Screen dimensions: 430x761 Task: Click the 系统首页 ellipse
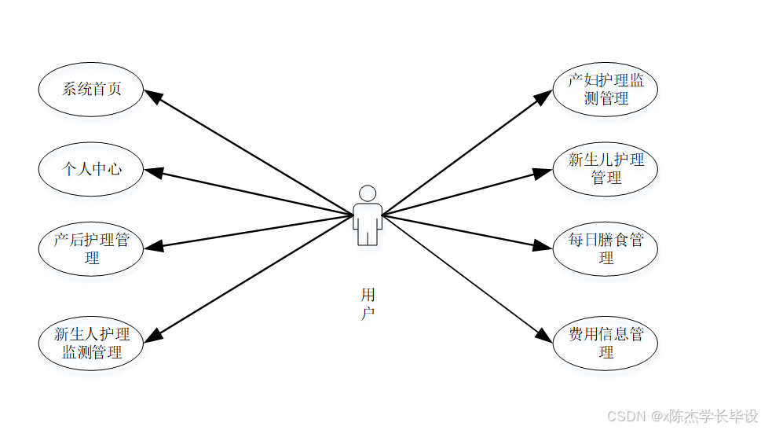click(x=91, y=89)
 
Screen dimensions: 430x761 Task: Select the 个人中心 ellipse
click(x=91, y=168)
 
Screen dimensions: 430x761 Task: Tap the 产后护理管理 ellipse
click(x=91, y=248)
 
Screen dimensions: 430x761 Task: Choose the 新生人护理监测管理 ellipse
click(x=91, y=343)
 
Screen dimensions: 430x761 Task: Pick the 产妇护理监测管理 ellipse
click(x=605, y=89)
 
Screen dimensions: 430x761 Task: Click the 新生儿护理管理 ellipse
click(x=605, y=168)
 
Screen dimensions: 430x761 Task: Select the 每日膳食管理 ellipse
click(x=605, y=248)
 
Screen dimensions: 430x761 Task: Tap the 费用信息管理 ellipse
click(x=605, y=343)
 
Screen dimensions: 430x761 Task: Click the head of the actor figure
click(x=367, y=193)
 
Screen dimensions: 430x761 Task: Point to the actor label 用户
click(x=368, y=303)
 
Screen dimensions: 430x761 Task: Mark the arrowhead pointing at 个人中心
click(x=152, y=172)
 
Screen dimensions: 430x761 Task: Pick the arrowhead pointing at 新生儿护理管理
click(x=544, y=172)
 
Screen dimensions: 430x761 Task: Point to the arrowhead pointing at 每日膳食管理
click(x=544, y=245)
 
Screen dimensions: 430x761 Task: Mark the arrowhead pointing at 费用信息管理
click(x=544, y=336)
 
